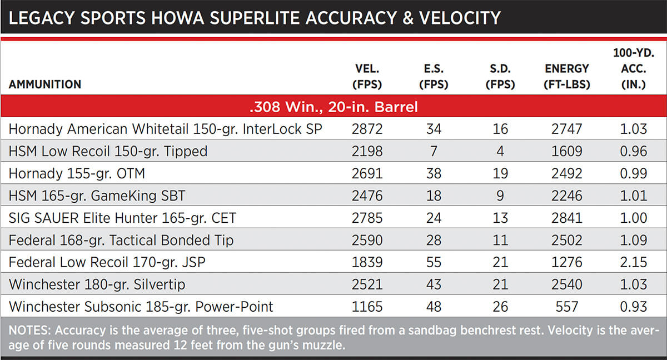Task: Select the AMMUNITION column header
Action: (45, 84)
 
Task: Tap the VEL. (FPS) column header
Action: (367, 77)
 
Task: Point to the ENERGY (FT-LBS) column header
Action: (567, 77)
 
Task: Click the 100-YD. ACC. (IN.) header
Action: (634, 69)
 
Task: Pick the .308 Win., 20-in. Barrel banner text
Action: (333, 107)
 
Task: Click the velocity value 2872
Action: (367, 129)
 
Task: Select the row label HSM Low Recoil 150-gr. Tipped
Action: (108, 151)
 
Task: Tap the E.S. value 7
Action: (434, 151)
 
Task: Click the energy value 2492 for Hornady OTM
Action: (567, 173)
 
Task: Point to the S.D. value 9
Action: (500, 196)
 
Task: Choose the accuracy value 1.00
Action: (634, 218)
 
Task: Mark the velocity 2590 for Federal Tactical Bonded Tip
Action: (367, 240)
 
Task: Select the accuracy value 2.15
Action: (634, 262)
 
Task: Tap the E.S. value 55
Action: (434, 262)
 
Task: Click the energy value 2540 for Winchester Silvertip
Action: (567, 284)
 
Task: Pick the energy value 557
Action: (567, 307)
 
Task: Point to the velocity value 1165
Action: (367, 307)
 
